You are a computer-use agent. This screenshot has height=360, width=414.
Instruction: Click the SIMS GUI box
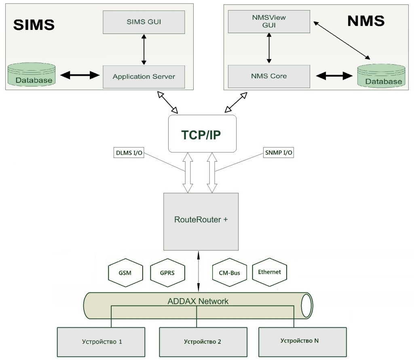click(x=144, y=22)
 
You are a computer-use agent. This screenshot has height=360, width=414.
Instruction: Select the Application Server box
click(x=144, y=76)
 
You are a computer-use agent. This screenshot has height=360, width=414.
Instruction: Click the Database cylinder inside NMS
click(x=380, y=76)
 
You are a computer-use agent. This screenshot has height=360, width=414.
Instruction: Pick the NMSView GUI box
click(x=268, y=21)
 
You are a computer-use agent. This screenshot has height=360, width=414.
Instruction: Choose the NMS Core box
click(x=268, y=76)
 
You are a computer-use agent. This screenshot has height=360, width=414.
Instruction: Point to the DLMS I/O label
click(x=129, y=154)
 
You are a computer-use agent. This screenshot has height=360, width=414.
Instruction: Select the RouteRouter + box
click(x=201, y=221)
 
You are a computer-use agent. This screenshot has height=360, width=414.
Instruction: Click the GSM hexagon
click(x=125, y=273)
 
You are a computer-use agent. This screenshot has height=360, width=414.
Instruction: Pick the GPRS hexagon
click(x=167, y=273)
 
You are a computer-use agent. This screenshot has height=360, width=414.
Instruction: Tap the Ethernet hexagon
click(x=269, y=272)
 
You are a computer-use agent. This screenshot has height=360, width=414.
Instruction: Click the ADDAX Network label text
click(x=198, y=301)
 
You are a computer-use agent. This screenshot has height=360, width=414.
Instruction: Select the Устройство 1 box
click(x=101, y=342)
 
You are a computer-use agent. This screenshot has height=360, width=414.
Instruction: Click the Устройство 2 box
click(x=202, y=342)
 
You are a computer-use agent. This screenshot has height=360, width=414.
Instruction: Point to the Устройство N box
click(x=302, y=341)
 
